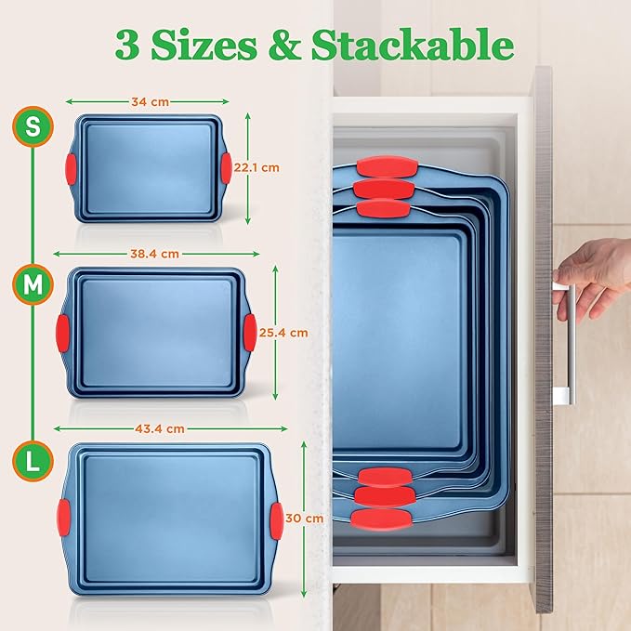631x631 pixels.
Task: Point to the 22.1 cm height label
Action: pyautogui.click(x=257, y=168)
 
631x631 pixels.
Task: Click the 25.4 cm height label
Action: pyautogui.click(x=284, y=332)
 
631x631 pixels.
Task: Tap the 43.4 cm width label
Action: pyautogui.click(x=160, y=428)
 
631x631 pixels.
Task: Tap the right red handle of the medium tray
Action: pyautogui.click(x=250, y=329)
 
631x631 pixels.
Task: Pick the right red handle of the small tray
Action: pyautogui.click(x=226, y=167)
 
